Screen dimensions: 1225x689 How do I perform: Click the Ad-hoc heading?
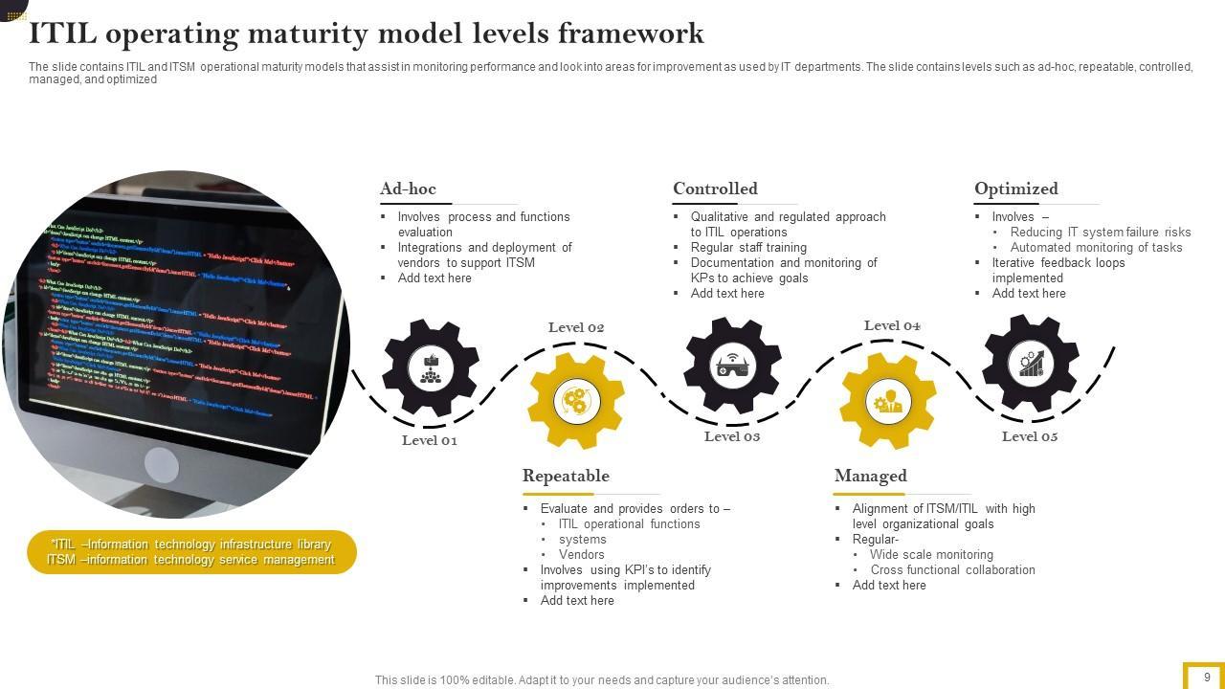coord(408,189)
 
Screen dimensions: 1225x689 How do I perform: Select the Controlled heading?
coord(715,189)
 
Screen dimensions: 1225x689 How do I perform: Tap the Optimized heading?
coord(1015,189)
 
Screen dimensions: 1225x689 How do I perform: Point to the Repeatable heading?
coord(566,477)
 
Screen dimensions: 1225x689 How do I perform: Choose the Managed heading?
coord(870,477)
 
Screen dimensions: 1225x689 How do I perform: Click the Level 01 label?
coord(429,441)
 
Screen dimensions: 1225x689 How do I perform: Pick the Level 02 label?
coord(576,328)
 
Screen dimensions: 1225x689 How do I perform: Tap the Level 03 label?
coord(732,437)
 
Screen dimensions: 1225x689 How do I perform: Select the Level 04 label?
coord(892,326)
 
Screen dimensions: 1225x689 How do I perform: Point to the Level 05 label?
coord(1030,437)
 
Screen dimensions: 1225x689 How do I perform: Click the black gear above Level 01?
coord(431,367)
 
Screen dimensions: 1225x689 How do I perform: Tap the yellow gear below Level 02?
coord(576,400)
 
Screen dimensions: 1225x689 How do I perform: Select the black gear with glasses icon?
coord(732,366)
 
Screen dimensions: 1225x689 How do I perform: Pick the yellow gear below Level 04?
coord(888,401)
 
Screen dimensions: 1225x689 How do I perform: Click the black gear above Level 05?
coord(1031,364)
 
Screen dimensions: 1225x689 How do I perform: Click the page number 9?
coord(1207,678)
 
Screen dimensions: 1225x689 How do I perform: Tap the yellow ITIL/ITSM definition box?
coord(191,552)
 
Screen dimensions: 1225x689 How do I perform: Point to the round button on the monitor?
coord(161,466)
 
